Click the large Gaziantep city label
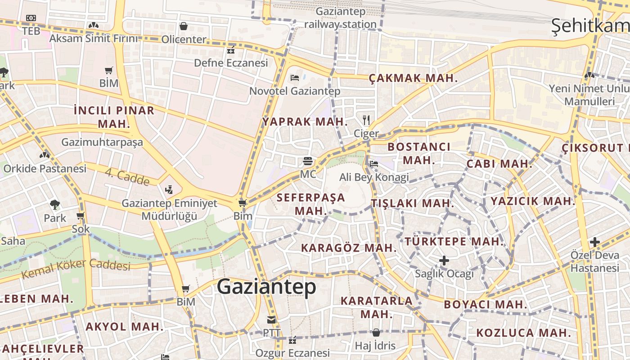266,287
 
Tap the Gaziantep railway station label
340,18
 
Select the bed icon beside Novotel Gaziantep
295,78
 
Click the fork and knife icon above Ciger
366,120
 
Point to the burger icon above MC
308,161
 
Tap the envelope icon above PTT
271,320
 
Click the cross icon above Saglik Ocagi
444,261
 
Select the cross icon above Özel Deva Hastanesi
595,242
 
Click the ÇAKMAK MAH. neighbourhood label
413,78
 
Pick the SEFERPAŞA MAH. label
310,204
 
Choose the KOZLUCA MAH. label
524,333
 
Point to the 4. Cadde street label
127,177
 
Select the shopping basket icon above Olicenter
184,26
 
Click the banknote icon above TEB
31,18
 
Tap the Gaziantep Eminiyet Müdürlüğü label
169,209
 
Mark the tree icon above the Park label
55,205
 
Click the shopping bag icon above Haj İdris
376,333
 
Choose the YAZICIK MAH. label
533,201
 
